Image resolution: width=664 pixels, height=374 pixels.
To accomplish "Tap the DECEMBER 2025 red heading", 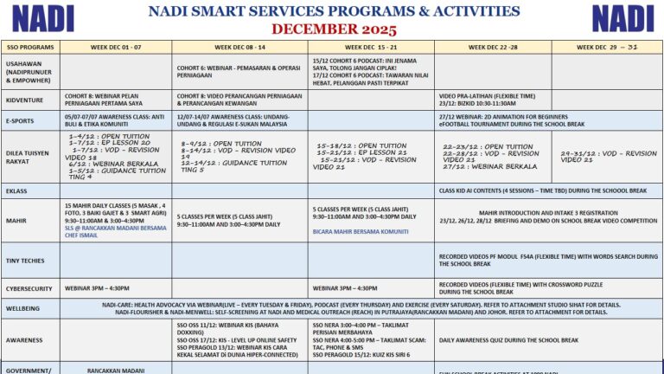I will coord(333,28).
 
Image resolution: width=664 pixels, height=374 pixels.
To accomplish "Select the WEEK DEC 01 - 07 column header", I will coord(115,47).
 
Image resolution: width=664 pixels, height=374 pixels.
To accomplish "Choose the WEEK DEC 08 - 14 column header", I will coord(239,47).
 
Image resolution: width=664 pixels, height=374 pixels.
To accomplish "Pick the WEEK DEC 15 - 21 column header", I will coord(371,47).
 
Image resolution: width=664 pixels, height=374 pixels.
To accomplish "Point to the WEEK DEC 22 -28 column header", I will coord(492,47).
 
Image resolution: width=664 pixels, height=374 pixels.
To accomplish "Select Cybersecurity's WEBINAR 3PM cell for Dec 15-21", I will coord(345,288).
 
